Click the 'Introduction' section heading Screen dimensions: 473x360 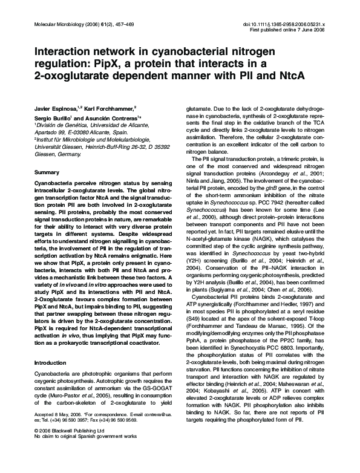pyautogui.click(x=51, y=362)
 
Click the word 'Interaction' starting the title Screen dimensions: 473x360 pyautogui.click(x=64, y=53)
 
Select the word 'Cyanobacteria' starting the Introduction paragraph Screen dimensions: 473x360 pyautogui.click(x=53, y=376)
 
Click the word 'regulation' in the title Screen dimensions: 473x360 pyautogui.click(x=65, y=64)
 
